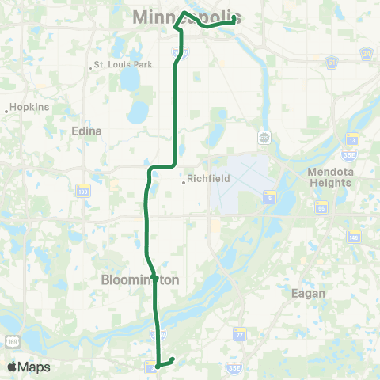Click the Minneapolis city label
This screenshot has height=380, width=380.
187,17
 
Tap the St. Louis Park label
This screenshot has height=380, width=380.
120,65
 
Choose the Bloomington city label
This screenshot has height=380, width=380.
142,279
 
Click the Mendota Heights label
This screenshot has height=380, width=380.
331,177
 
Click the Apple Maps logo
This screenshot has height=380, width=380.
28,367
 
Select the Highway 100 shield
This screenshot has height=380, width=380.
82,190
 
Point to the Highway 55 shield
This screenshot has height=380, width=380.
321,207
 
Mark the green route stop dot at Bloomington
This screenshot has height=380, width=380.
155,277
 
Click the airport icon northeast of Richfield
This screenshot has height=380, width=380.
264,138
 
